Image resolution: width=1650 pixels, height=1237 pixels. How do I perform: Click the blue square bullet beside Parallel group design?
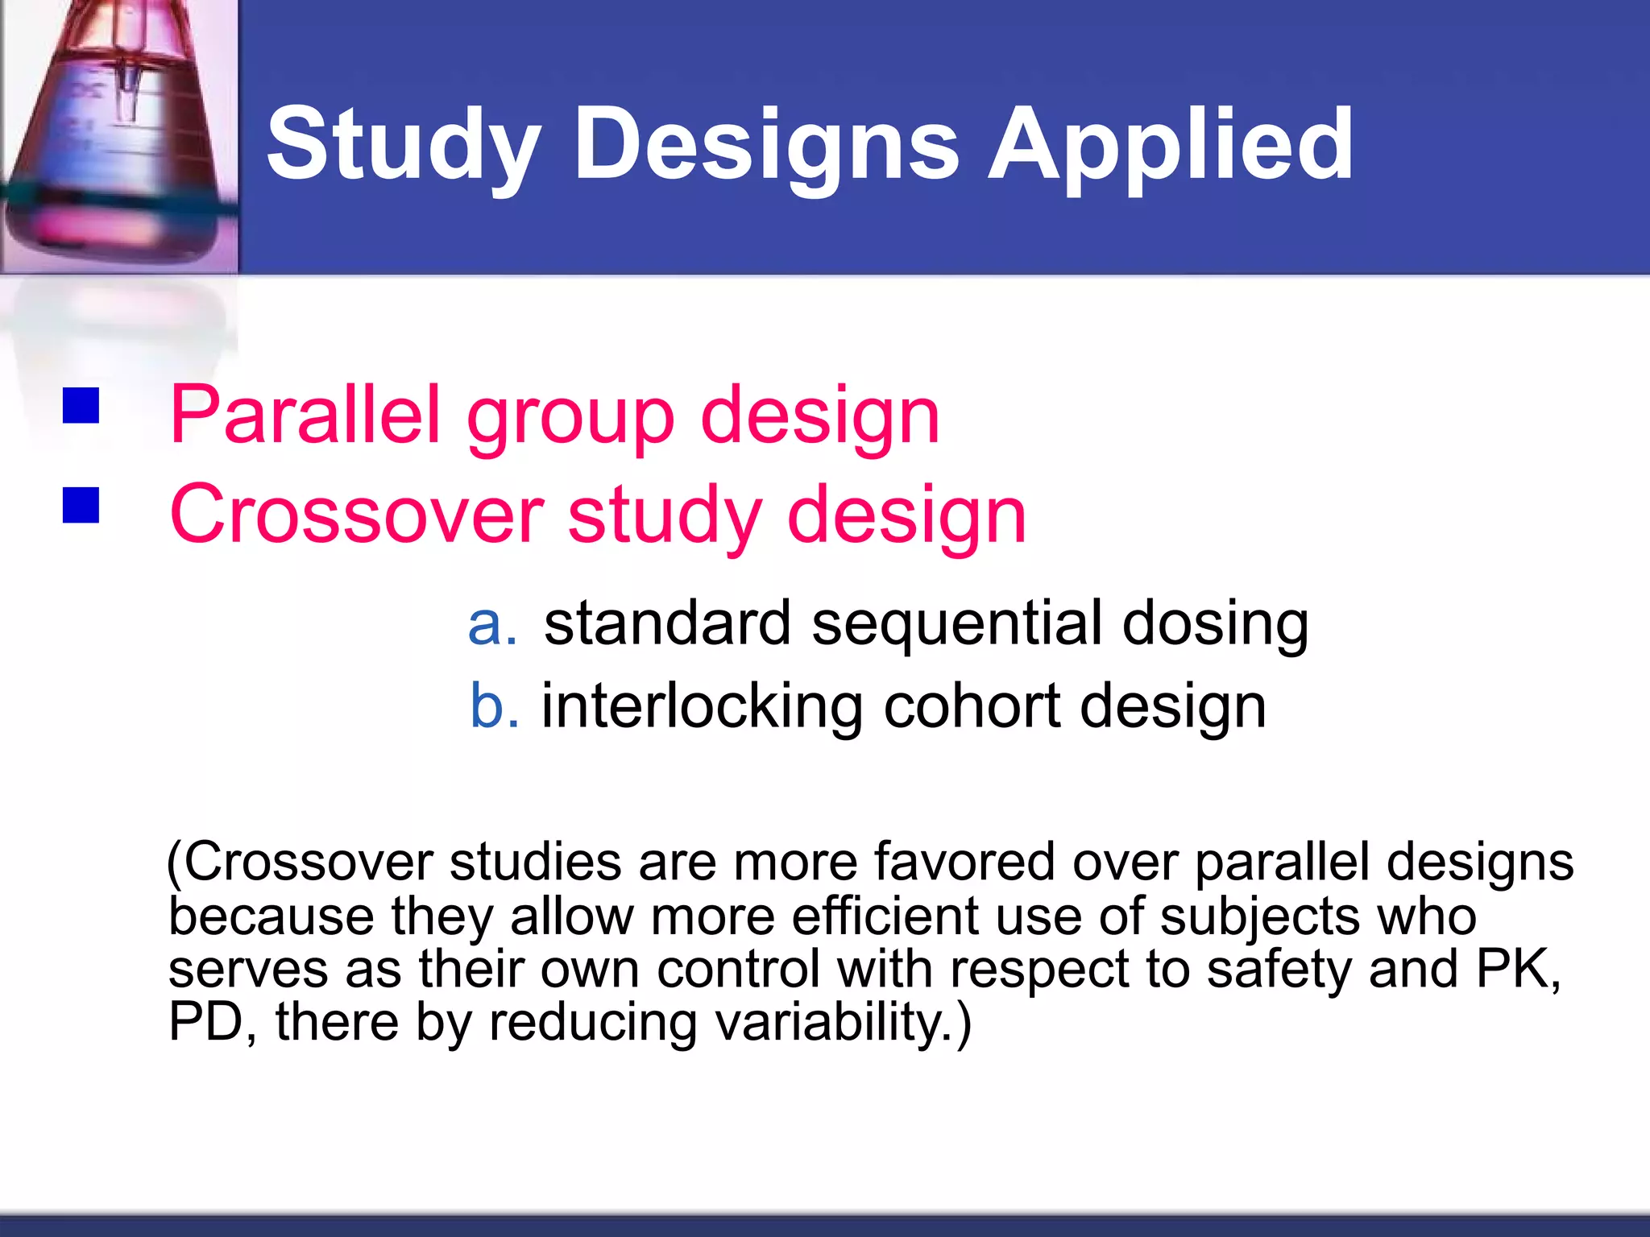[x=81, y=405]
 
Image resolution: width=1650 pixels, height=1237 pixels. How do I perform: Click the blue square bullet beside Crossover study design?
[x=81, y=505]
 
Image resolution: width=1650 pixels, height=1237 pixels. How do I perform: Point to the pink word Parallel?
[x=306, y=415]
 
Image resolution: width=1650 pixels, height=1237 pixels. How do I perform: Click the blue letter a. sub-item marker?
[x=491, y=623]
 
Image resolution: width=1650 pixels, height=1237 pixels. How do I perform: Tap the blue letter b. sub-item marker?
[x=494, y=706]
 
